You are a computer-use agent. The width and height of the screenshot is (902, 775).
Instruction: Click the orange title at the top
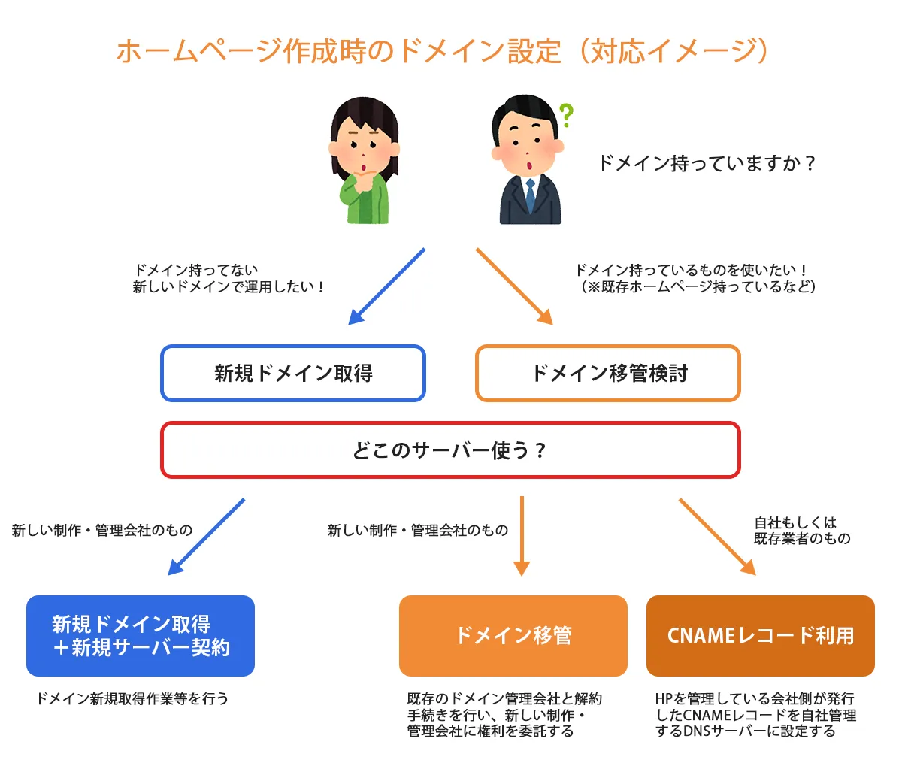[443, 51]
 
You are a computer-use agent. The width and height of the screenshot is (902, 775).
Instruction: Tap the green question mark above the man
[566, 115]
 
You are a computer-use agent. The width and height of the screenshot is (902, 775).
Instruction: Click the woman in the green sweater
[363, 162]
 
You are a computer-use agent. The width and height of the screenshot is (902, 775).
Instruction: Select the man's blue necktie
[531, 195]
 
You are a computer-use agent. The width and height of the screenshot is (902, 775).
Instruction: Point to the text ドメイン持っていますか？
[706, 163]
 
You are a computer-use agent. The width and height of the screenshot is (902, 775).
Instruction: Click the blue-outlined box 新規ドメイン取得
[293, 373]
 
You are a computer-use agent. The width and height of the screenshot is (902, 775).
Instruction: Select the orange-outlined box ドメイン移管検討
[608, 373]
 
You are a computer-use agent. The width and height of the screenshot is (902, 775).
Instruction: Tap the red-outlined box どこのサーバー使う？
[450, 450]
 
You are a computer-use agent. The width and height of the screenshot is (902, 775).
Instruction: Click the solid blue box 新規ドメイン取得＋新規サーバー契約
[141, 636]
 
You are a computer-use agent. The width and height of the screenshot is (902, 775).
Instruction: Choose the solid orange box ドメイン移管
[513, 636]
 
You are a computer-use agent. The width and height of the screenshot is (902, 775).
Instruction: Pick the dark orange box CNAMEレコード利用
[760, 636]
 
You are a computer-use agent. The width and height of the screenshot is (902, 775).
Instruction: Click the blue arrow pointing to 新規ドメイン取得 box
[386, 286]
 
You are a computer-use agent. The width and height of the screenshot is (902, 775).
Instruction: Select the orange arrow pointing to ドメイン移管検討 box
[514, 286]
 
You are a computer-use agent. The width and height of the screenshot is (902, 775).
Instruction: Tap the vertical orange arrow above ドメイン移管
[522, 535]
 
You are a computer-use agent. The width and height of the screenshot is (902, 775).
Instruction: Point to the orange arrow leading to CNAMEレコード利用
[717, 537]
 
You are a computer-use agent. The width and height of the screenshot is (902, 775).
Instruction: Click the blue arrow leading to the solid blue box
[206, 537]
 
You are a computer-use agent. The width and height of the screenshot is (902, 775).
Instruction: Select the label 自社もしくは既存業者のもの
[801, 531]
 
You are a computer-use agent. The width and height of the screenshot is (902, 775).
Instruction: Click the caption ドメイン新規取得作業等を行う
[132, 698]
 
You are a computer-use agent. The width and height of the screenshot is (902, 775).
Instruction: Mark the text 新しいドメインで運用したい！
[229, 287]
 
